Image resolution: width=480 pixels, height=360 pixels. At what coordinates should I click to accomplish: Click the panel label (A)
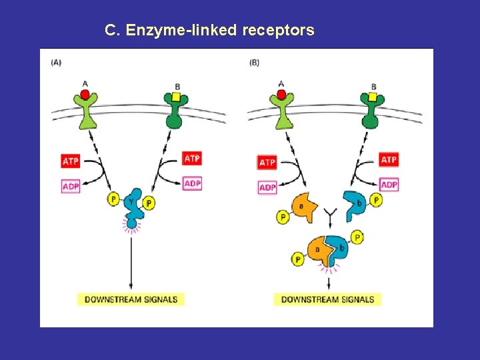(56, 63)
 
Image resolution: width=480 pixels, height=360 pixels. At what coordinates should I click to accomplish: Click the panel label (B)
(254, 63)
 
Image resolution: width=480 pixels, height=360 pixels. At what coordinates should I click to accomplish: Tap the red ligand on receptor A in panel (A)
(85, 95)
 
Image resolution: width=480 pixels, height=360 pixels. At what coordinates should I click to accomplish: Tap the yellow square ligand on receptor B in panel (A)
(176, 97)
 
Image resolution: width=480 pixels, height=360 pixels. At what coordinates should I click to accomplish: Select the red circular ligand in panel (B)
(281, 95)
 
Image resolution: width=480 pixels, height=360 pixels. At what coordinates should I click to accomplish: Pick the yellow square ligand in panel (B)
(372, 97)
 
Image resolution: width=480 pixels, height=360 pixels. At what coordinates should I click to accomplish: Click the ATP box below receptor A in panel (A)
(71, 161)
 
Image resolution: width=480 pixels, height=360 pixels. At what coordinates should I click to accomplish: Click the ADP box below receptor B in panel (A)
(192, 183)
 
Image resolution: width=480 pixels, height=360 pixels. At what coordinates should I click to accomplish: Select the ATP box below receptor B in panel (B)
(389, 160)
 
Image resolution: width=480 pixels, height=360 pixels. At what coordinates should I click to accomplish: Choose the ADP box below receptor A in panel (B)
(267, 187)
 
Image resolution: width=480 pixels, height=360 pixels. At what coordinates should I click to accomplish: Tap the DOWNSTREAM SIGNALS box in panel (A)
(131, 299)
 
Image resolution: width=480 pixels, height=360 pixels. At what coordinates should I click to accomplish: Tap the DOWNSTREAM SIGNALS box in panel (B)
(327, 299)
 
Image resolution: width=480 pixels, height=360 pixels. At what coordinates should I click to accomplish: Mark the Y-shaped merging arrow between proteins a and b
(329, 215)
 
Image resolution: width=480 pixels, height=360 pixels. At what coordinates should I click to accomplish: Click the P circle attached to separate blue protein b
(376, 200)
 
